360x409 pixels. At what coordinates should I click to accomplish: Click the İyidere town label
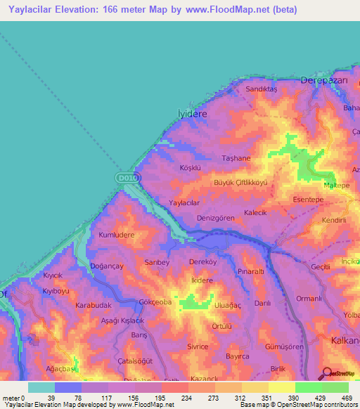(x=192, y=112)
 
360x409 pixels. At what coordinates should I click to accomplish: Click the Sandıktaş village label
(x=262, y=90)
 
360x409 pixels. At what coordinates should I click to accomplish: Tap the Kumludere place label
(x=116, y=235)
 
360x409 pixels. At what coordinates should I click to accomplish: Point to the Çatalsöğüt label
(x=115, y=361)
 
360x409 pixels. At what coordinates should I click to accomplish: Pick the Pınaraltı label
(x=250, y=271)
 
